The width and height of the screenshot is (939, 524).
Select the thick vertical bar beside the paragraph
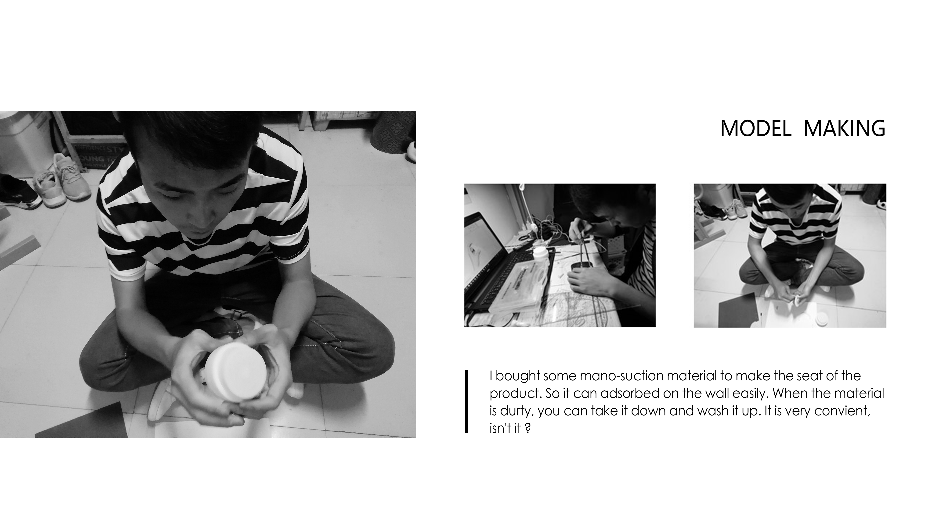[466, 402]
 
